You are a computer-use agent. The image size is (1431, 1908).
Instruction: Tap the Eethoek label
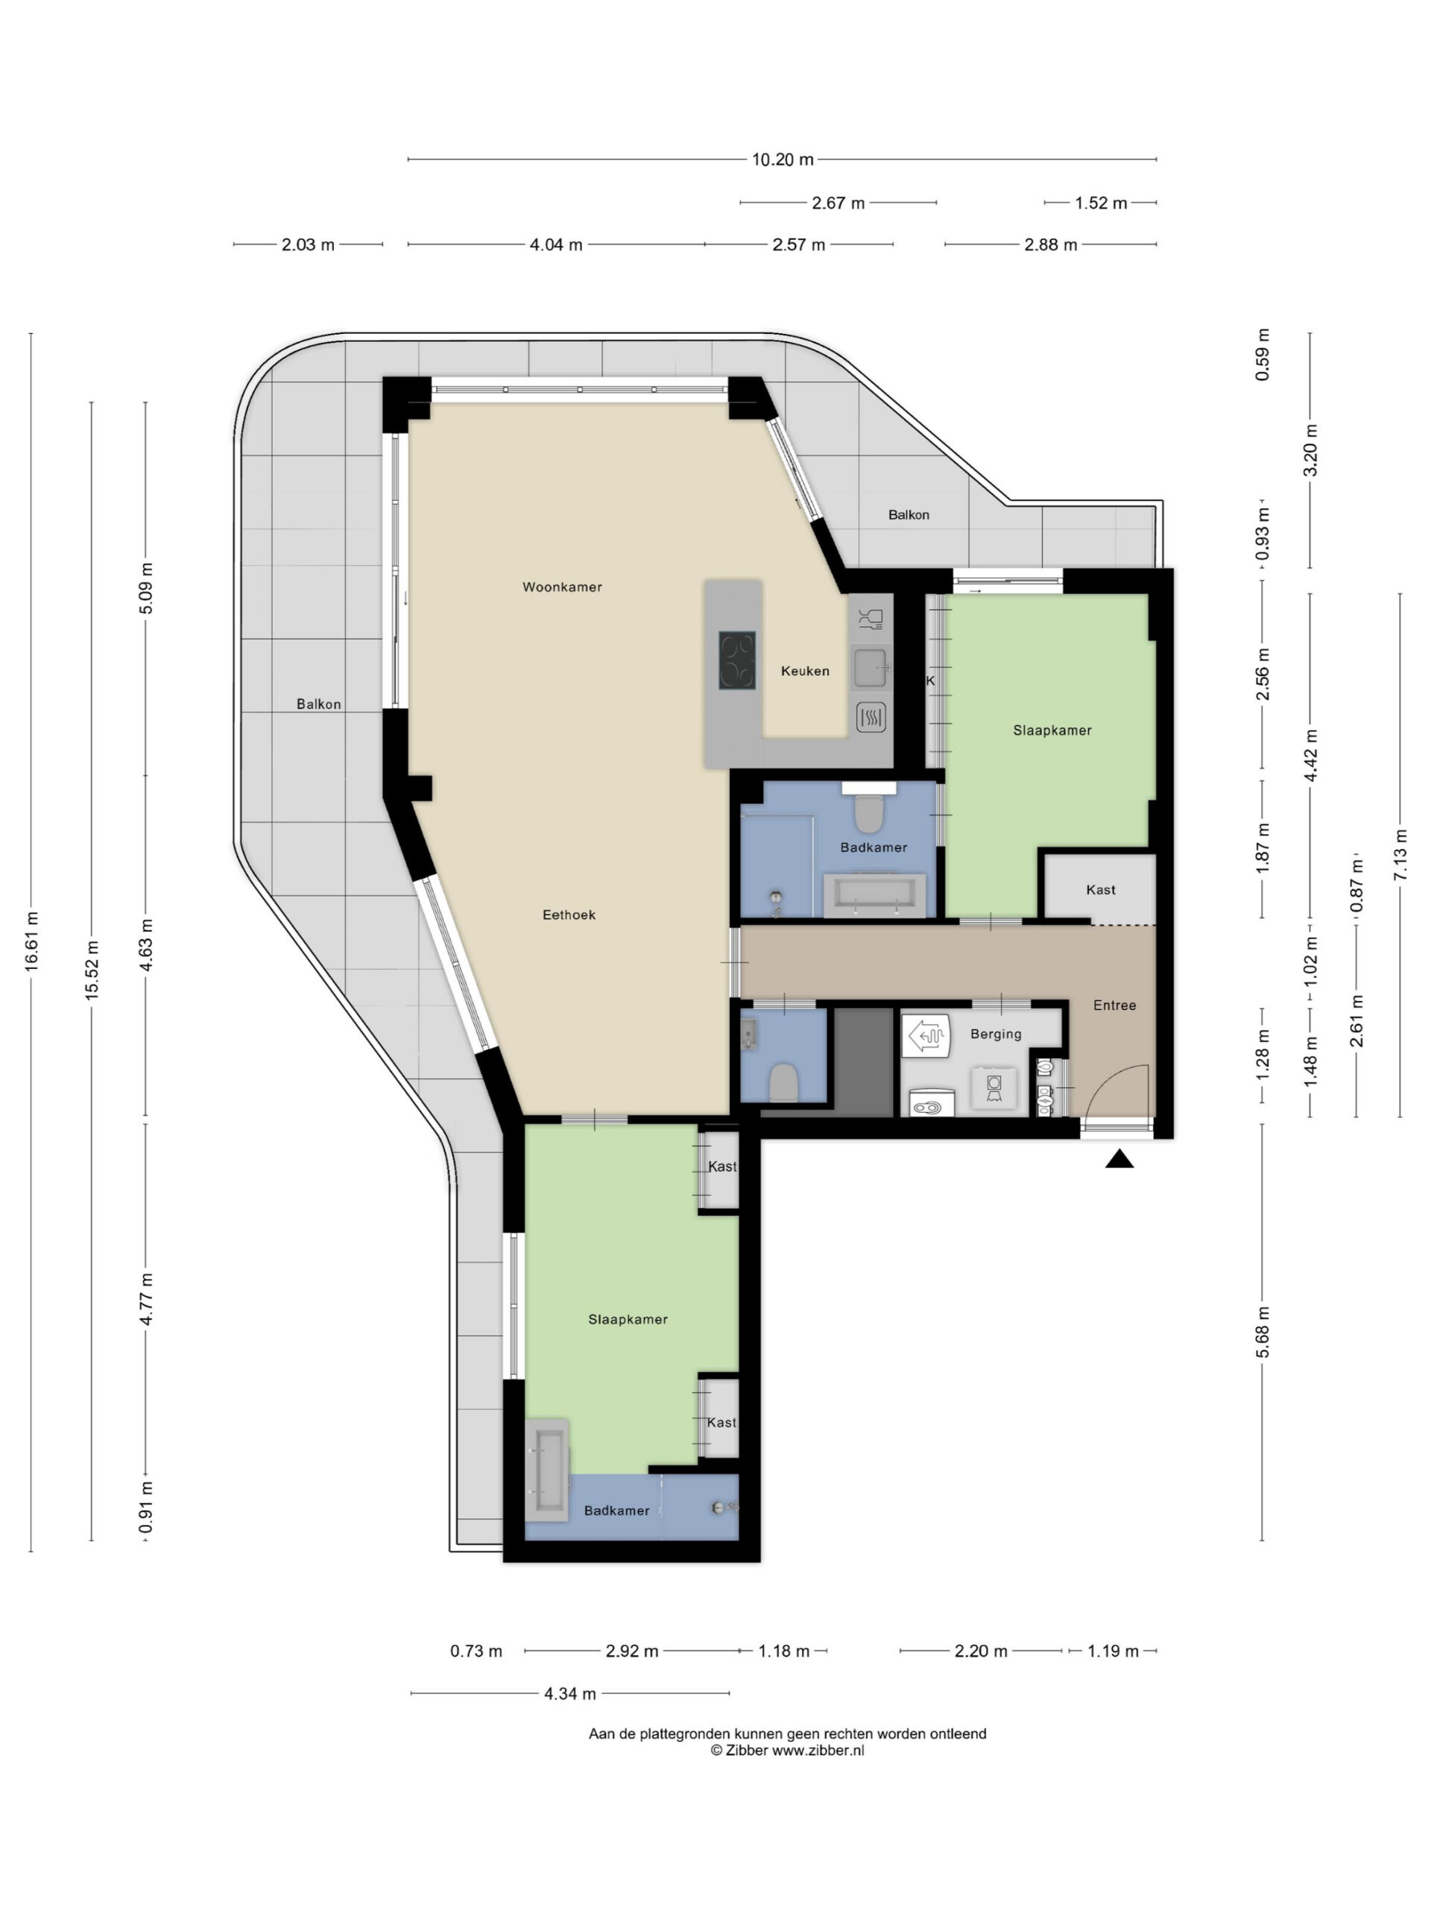pos(569,914)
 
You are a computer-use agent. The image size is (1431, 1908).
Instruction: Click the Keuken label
pos(805,670)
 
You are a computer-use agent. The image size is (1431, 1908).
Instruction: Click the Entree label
pos(1114,1005)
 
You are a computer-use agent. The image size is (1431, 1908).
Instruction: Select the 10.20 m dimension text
pos(783,159)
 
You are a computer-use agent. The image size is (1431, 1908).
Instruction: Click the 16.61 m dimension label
pos(32,941)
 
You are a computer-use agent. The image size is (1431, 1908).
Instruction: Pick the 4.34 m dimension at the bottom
pos(569,1693)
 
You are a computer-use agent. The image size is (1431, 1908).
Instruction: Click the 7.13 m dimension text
pos(1399,855)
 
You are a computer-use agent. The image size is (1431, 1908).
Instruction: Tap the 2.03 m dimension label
pos(308,244)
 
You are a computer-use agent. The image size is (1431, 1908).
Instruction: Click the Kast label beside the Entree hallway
pos(1101,889)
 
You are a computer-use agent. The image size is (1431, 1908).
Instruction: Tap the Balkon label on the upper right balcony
pos(909,514)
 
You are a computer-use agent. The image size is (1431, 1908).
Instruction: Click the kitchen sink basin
pos(870,667)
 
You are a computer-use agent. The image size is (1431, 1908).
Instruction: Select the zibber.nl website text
pos(818,1750)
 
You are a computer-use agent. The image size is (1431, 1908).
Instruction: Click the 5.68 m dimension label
pos(1261,1332)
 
